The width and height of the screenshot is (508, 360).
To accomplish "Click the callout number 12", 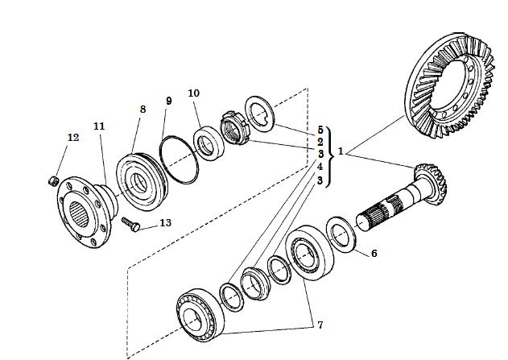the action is [73, 138].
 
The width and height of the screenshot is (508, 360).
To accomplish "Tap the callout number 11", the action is [99, 126].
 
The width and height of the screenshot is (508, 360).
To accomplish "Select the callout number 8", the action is [142, 110].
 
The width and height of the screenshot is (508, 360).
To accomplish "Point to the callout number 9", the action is [168, 101].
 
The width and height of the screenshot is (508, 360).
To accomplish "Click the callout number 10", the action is [194, 93].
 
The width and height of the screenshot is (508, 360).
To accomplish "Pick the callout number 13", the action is [165, 223].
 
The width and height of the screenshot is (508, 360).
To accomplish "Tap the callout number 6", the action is [374, 254].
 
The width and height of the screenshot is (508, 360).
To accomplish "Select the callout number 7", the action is [320, 325].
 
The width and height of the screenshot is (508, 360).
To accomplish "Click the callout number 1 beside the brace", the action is [341, 151].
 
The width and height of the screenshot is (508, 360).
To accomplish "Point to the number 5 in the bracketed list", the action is [320, 130].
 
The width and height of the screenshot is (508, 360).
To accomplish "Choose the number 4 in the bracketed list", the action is [320, 167].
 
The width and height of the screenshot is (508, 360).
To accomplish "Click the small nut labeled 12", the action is [53, 181].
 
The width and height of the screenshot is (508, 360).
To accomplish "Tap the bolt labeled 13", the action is [130, 225].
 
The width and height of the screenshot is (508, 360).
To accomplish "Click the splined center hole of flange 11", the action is [80, 214].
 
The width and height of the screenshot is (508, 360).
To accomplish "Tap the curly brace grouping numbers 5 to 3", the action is [330, 157].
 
